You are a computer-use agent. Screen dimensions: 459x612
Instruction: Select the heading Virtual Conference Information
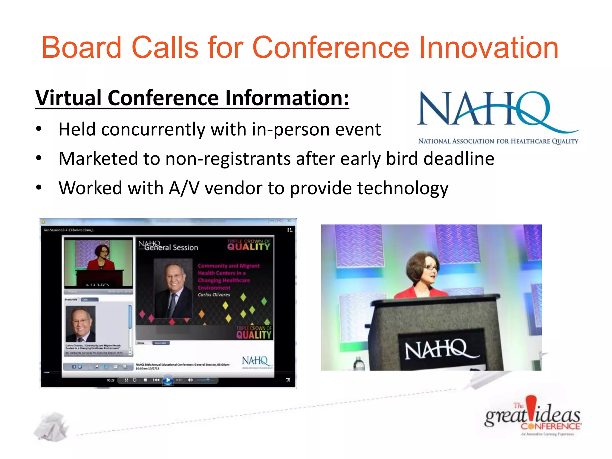click(x=192, y=98)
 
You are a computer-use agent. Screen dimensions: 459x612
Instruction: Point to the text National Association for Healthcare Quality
click(x=498, y=141)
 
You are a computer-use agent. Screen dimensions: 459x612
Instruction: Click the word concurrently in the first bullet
click(x=153, y=129)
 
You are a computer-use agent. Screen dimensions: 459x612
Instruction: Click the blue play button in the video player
click(x=168, y=380)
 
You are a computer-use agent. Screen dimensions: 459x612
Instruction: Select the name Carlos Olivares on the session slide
click(x=214, y=295)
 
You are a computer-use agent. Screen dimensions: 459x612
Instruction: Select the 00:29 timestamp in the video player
click(x=111, y=380)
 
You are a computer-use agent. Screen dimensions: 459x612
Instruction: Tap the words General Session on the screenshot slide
click(x=171, y=247)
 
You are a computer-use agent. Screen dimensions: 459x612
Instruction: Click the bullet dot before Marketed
click(x=39, y=158)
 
